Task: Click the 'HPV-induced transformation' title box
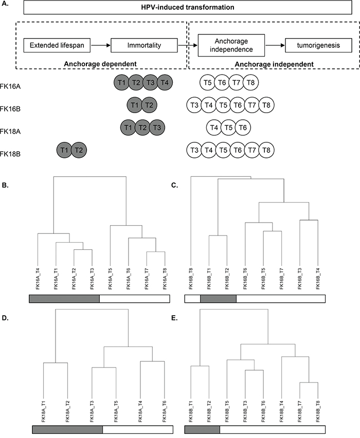click(180, 8)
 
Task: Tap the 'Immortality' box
click(145, 46)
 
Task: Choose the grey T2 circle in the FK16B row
click(149, 105)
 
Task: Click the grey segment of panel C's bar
click(218, 298)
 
